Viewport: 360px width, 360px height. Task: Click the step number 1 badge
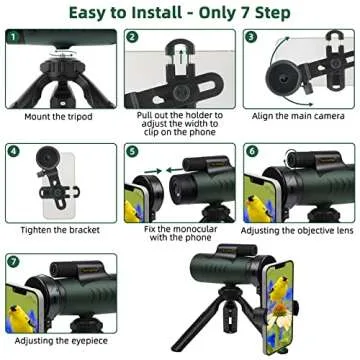coord(13,38)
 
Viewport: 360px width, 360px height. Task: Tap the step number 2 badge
coord(132,38)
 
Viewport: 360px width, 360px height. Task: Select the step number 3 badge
coord(251,38)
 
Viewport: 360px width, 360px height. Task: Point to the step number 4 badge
coord(13,152)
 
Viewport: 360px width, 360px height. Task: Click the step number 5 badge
coord(132,152)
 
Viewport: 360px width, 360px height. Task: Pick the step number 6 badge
coord(251,152)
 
